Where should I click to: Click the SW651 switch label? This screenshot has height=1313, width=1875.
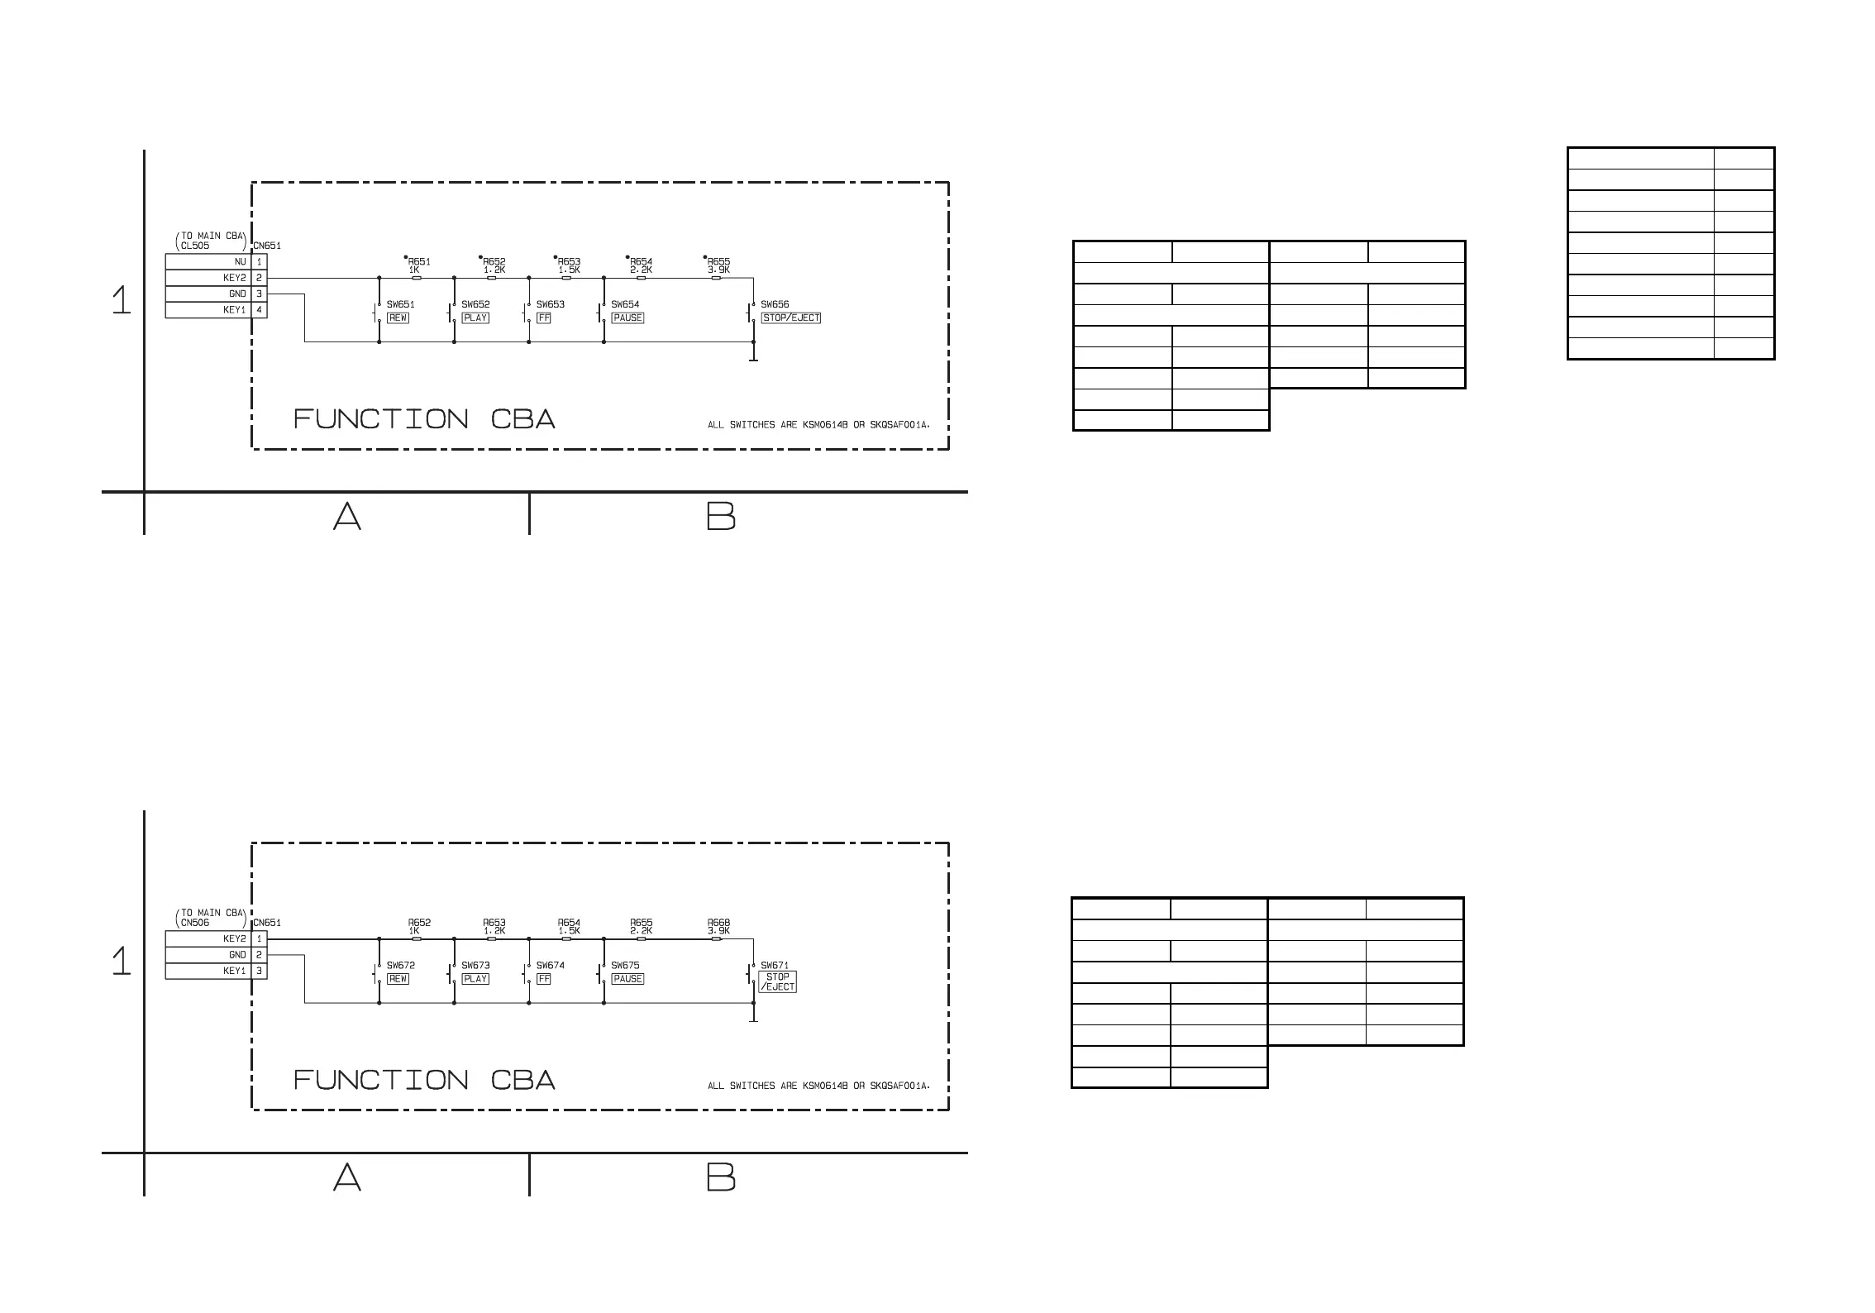pyautogui.click(x=400, y=304)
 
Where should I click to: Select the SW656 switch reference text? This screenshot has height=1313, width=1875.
pyautogui.click(x=775, y=304)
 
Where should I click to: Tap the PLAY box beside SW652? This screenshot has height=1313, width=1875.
pyautogui.click(x=475, y=318)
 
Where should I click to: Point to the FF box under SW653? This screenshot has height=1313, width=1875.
pyautogui.click(x=543, y=318)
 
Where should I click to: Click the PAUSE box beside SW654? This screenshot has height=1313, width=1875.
pyautogui.click(x=627, y=318)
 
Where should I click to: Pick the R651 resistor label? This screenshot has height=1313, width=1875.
pyautogui.click(x=419, y=262)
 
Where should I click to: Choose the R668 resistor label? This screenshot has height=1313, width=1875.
pyautogui.click(x=718, y=923)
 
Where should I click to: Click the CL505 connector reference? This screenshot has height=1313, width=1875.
pyautogui.click(x=195, y=246)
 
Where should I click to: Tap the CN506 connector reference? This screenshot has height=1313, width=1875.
pyautogui.click(x=195, y=923)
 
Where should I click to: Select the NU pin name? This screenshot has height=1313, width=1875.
pyautogui.click(x=240, y=262)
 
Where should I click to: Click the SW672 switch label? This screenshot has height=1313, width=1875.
pyautogui.click(x=400, y=965)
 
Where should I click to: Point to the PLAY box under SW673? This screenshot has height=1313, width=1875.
pyautogui.click(x=475, y=979)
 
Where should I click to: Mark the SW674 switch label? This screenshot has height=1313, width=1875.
pyautogui.click(x=550, y=965)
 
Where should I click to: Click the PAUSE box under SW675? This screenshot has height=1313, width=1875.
pyautogui.click(x=627, y=979)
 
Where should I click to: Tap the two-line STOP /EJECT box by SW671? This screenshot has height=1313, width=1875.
pyautogui.click(x=777, y=982)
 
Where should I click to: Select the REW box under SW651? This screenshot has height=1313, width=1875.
pyautogui.click(x=398, y=318)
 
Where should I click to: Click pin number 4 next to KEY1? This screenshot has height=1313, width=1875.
pyautogui.click(x=259, y=310)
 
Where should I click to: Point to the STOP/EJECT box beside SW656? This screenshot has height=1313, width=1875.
pyautogui.click(x=790, y=318)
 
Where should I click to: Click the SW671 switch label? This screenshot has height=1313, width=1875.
pyautogui.click(x=775, y=965)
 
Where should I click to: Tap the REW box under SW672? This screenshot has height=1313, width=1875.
pyautogui.click(x=398, y=979)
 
